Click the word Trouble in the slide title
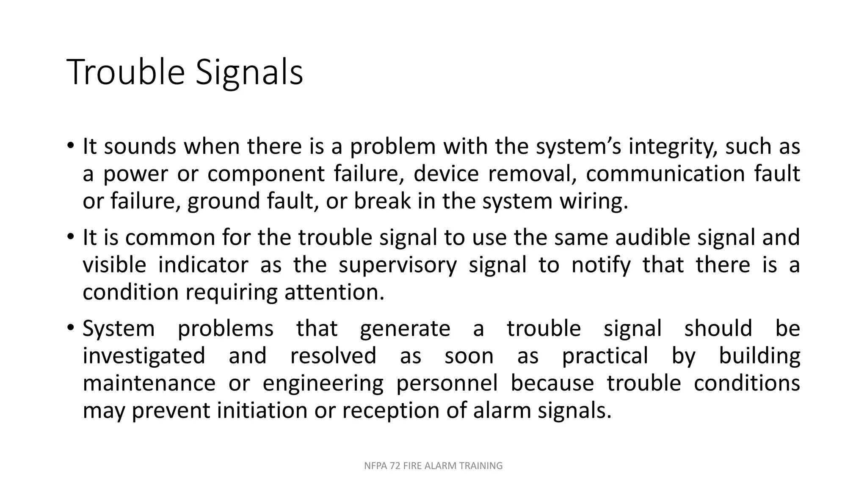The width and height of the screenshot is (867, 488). click(x=125, y=72)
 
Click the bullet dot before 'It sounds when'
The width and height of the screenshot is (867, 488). click(x=70, y=145)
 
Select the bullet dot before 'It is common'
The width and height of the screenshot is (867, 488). click(x=70, y=236)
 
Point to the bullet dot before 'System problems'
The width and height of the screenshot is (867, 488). click(x=70, y=327)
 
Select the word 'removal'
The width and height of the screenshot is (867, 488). click(x=532, y=174)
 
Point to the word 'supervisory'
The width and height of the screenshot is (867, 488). click(x=398, y=265)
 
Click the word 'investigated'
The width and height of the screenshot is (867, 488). click(x=144, y=356)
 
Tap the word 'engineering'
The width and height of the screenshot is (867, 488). click(x=323, y=383)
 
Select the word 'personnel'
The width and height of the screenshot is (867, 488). click(x=447, y=383)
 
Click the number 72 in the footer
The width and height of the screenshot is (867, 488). click(x=392, y=466)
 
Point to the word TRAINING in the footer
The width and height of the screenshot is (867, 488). click(x=481, y=466)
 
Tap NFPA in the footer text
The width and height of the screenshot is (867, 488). click(x=373, y=466)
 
